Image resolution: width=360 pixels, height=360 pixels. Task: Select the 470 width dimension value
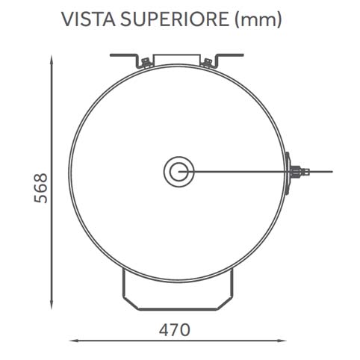pos(175,329)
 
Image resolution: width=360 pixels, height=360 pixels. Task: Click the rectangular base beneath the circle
pos(178,291)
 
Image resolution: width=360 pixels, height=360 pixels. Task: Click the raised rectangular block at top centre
pos(178,60)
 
